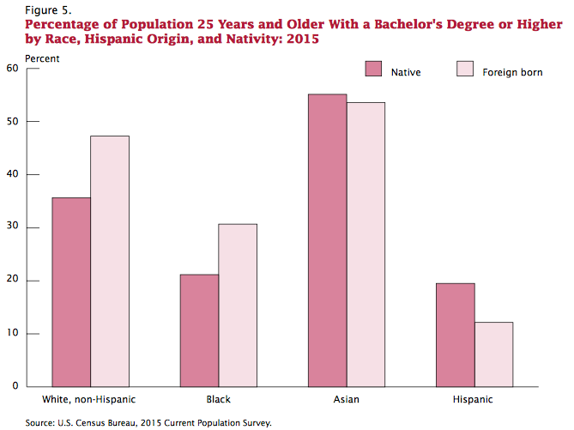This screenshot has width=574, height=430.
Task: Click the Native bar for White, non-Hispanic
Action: click(x=70, y=292)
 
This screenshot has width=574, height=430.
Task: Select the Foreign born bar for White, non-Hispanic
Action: click(x=109, y=261)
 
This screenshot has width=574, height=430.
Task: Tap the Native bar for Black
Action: click(x=199, y=330)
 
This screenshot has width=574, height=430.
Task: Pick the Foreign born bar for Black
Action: click(x=238, y=305)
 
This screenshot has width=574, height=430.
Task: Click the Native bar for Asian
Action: click(x=327, y=240)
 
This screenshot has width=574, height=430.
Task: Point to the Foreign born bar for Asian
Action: click(x=366, y=245)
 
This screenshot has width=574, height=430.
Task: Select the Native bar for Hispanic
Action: click(x=455, y=335)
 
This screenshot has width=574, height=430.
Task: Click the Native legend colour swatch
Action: click(x=373, y=70)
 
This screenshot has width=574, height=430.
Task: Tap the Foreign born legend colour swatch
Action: click(x=465, y=70)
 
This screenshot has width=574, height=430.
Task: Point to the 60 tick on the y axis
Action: click(x=12, y=68)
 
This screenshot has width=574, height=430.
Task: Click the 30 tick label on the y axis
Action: click(x=12, y=227)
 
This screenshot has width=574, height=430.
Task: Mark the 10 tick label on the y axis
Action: click(x=12, y=333)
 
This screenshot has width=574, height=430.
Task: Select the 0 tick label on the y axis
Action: click(x=15, y=386)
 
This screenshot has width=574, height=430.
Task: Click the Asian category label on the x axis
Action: click(x=346, y=400)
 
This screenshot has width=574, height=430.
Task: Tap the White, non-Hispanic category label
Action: click(x=89, y=400)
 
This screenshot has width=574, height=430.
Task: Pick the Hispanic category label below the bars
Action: click(x=474, y=400)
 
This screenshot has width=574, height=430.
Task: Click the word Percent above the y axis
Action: click(x=43, y=58)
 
